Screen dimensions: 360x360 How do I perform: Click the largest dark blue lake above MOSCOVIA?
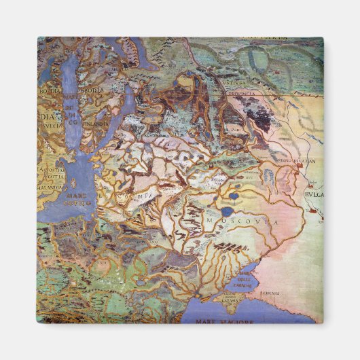pyautogui.click(x=234, y=196)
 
